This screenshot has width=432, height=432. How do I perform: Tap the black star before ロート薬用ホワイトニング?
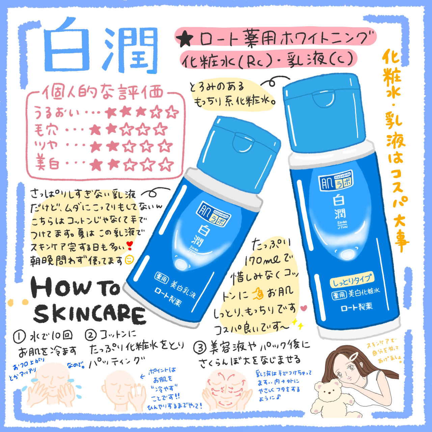186,39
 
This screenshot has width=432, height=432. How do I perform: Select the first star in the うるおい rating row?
110,112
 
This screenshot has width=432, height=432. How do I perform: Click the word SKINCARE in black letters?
89,314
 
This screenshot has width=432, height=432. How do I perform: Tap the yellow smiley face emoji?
129,260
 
